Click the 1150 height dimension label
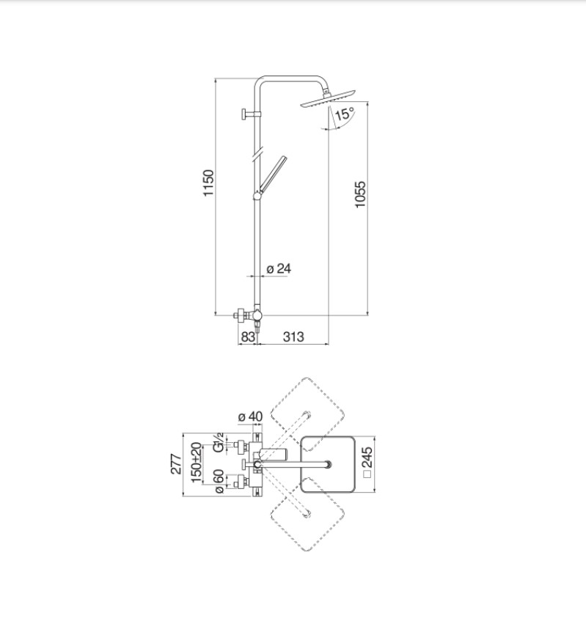click(x=209, y=183)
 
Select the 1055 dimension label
click(x=359, y=194)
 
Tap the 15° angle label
click(x=345, y=114)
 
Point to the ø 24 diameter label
click(x=279, y=268)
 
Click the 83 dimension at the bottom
click(x=248, y=337)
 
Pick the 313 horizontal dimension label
click(x=293, y=337)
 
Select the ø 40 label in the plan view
click(x=250, y=416)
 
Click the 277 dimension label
click(x=176, y=464)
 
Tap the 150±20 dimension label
click(x=197, y=463)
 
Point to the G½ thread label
click(x=219, y=442)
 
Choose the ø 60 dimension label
click(x=219, y=481)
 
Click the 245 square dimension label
click(x=367, y=462)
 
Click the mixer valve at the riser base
click(x=249, y=316)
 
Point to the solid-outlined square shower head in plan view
click(x=328, y=464)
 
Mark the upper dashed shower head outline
click(x=307, y=411)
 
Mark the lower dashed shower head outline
click(x=307, y=515)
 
